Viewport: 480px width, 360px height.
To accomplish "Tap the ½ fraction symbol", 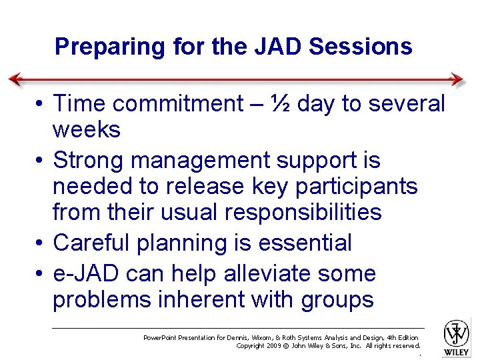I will [281, 104].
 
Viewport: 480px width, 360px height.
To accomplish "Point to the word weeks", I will [87, 129].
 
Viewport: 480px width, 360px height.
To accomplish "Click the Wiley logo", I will [457, 337].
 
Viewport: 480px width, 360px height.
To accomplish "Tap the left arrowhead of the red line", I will [15, 79].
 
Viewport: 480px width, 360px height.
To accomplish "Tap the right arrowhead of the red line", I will [458, 79].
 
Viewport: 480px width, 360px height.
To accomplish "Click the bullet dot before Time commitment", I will [41, 105].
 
